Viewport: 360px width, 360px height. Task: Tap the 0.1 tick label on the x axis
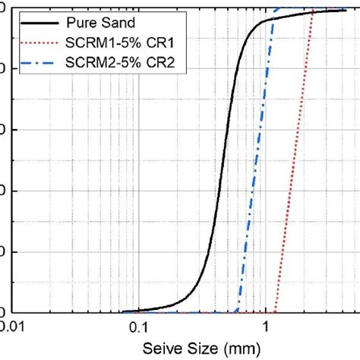(x=137, y=327)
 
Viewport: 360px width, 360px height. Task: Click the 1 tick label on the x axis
(x=266, y=327)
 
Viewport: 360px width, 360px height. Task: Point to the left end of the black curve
(x=124, y=311)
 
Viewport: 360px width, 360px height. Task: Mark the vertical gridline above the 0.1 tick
(x=137, y=190)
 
